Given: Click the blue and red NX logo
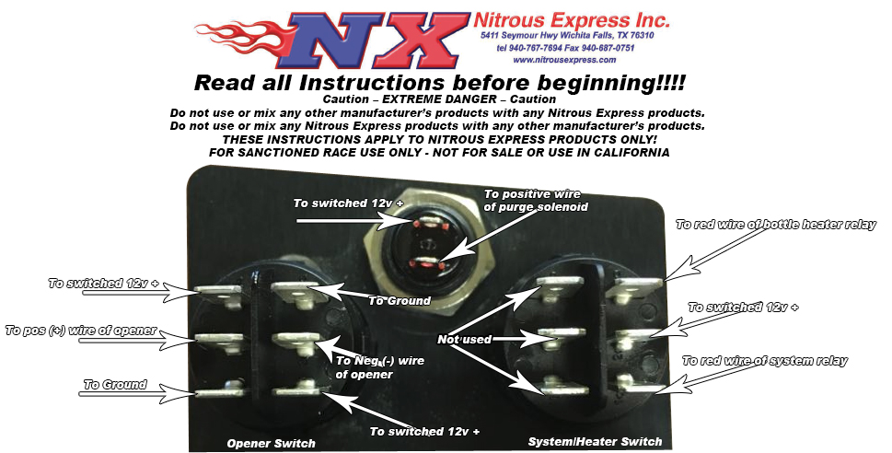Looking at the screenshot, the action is point(376,40).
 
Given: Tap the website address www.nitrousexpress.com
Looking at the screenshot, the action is point(564,60).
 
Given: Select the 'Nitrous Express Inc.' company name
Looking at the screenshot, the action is point(572,20).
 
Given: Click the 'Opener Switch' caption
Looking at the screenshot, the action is point(271,443).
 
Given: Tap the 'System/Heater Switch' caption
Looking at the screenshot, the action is point(595,442).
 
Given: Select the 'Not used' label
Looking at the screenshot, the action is point(464,339).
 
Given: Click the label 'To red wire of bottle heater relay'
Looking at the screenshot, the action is point(776,225).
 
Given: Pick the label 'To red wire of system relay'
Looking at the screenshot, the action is point(765,361).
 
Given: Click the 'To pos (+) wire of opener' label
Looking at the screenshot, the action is point(81,331).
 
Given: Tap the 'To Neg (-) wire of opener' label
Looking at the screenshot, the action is point(379,367).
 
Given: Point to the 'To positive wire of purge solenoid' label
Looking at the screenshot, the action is point(536,201).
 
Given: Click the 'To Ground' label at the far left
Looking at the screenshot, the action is point(115,385).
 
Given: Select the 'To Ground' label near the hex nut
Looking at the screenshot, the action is point(400,300).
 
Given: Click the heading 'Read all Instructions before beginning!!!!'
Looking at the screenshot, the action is point(440,83).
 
